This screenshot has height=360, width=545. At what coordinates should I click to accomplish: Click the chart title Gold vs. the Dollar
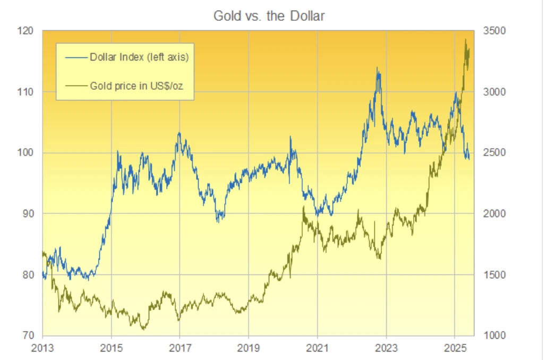269,16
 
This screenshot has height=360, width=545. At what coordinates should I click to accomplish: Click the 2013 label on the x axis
42,348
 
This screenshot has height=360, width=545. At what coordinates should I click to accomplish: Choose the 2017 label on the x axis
180,348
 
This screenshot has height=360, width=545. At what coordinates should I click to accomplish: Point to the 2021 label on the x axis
317,348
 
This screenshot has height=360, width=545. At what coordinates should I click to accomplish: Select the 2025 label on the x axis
455,348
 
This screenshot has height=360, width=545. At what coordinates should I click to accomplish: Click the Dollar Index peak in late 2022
377,68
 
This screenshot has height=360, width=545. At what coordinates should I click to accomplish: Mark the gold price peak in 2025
466,39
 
